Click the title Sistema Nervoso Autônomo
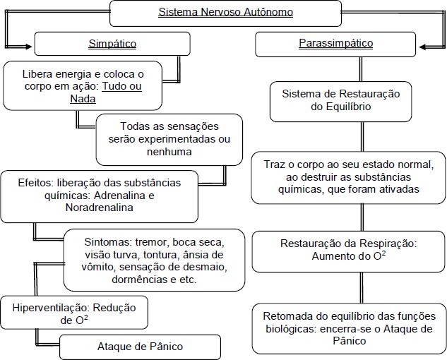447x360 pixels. (225, 12)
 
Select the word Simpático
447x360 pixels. (112, 44)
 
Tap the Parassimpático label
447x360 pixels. (336, 43)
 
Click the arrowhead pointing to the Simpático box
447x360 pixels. (28, 47)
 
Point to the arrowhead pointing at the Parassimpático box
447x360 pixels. (422, 47)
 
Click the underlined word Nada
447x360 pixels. (83, 99)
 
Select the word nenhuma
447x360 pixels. (169, 152)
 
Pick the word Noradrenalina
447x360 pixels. (99, 208)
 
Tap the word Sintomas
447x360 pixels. (107, 242)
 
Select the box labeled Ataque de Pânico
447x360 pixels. (140, 347)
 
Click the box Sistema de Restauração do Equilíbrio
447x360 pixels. (340, 102)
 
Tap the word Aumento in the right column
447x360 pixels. (330, 256)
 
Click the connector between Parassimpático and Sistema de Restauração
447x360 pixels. (361, 69)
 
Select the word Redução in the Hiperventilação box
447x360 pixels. (114, 308)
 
